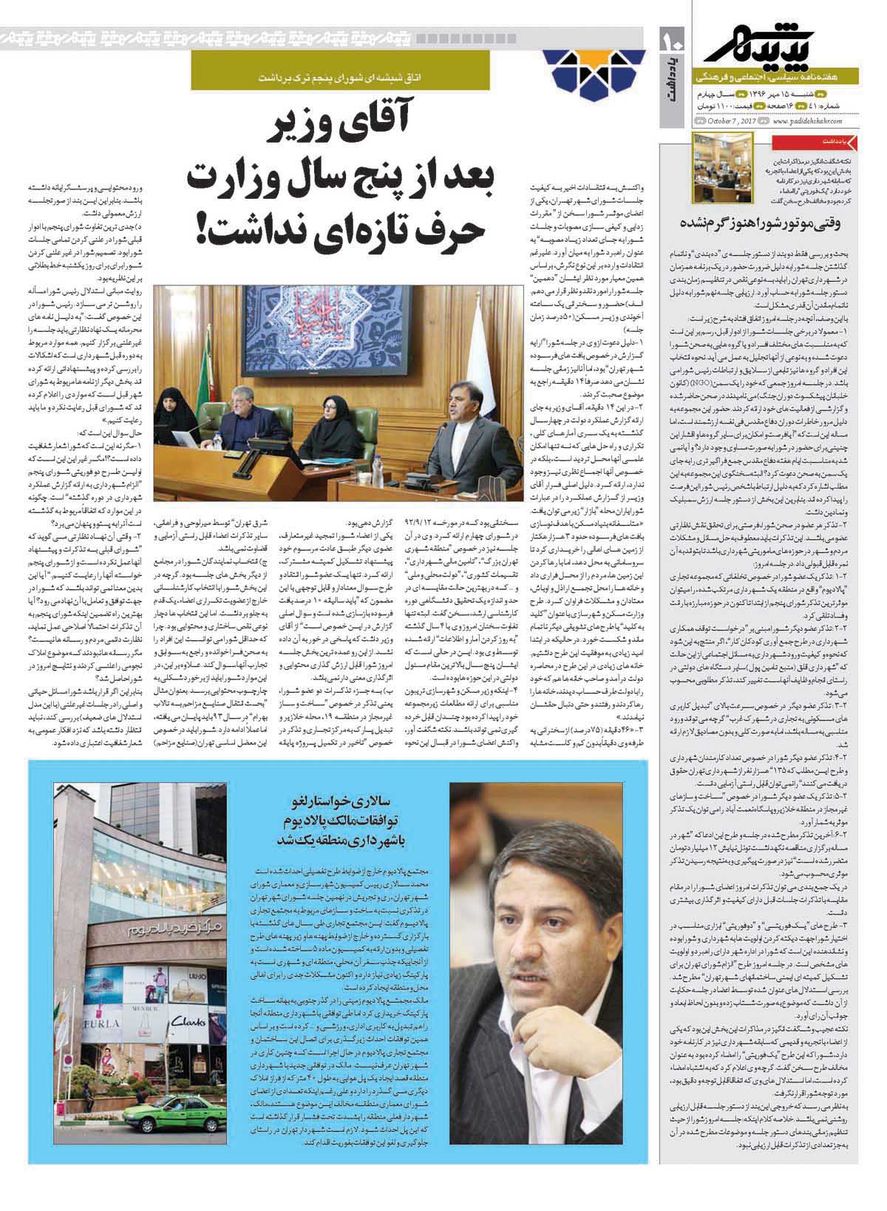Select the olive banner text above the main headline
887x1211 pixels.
tap(355, 78)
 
